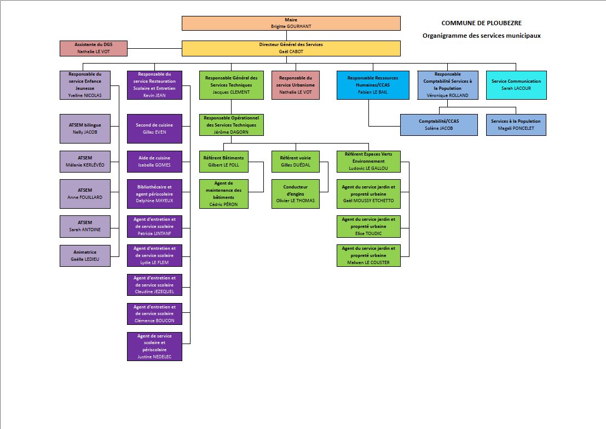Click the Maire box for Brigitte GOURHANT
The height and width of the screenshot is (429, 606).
coord(291,23)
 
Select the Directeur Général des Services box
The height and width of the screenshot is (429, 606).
coord(291,48)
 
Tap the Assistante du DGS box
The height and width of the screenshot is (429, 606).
coord(93,48)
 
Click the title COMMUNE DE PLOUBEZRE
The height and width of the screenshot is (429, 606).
coord(481,23)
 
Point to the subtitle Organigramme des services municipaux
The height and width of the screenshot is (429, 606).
coord(481,36)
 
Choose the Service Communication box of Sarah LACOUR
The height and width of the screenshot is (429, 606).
coord(516,85)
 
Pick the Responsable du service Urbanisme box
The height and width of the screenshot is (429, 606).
coord(295,85)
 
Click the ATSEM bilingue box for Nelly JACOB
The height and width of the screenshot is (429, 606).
coord(85,128)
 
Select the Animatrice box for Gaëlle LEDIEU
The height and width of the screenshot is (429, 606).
coord(85,256)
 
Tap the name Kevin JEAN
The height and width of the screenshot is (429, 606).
coord(154,95)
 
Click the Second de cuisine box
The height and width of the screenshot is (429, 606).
coord(154,128)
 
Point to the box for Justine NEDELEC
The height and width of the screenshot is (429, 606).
coord(154,346)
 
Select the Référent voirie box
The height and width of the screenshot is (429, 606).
coord(295,161)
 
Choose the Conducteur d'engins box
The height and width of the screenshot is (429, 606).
coord(295,194)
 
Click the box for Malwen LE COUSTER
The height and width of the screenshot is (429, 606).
coord(368,255)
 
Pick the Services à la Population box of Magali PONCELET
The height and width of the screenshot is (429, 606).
coord(516,124)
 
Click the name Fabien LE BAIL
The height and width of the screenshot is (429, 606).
coord(372,92)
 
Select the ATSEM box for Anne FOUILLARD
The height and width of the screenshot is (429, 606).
coord(85,194)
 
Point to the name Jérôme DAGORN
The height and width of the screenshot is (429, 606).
coord(232,132)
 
